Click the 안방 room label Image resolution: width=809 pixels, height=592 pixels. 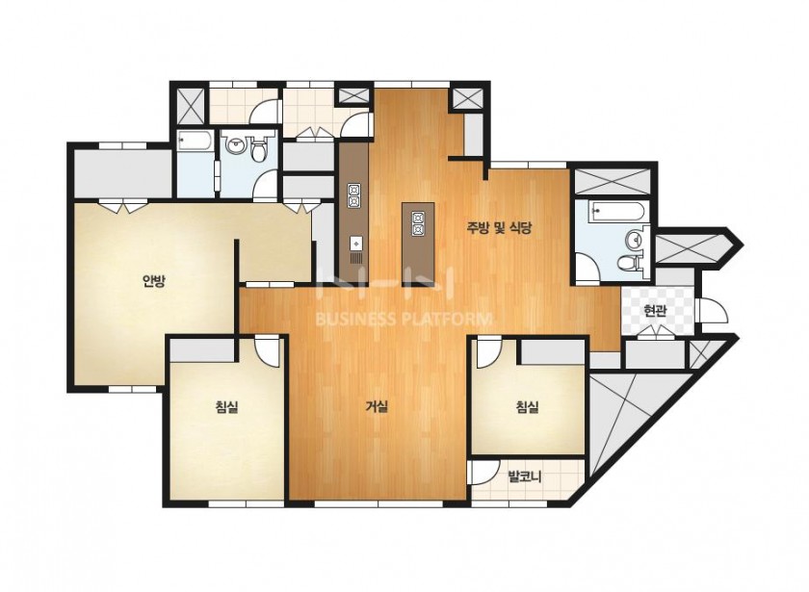click(154, 281)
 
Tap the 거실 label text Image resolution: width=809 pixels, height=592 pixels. click(377, 407)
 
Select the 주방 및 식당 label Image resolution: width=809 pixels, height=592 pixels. click(499, 228)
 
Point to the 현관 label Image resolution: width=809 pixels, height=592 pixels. click(655, 311)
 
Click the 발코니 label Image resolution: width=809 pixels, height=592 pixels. click(524, 476)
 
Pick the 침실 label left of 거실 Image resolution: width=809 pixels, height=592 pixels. click(226, 407)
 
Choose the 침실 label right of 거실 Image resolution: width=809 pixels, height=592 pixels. click(528, 407)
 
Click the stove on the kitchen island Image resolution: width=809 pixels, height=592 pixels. click(417, 223)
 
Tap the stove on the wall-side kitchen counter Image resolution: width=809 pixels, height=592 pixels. click(354, 196)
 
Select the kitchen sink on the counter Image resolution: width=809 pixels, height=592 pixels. click(356, 243)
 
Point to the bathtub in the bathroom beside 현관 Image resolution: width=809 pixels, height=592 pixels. click(617, 211)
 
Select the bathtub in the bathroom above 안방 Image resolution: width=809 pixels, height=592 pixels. click(195, 141)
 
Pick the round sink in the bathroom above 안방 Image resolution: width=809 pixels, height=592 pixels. click(236, 144)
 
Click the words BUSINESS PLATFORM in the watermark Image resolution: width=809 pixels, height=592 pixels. click(403, 320)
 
